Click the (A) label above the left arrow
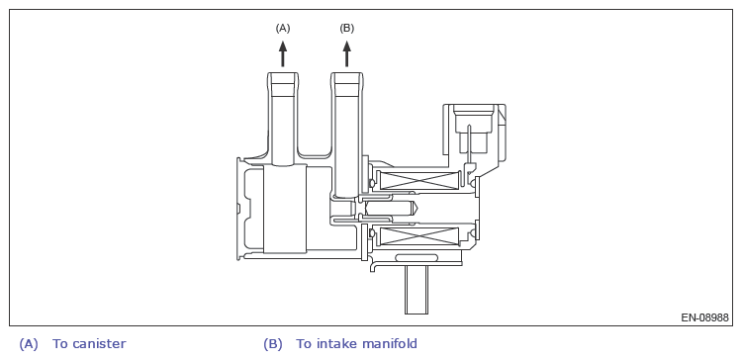click(x=283, y=29)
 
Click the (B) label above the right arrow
click(x=347, y=29)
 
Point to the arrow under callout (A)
click(x=283, y=53)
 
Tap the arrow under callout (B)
click(x=347, y=53)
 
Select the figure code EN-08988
click(x=704, y=317)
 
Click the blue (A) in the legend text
click(x=29, y=344)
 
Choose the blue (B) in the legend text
click(x=273, y=344)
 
